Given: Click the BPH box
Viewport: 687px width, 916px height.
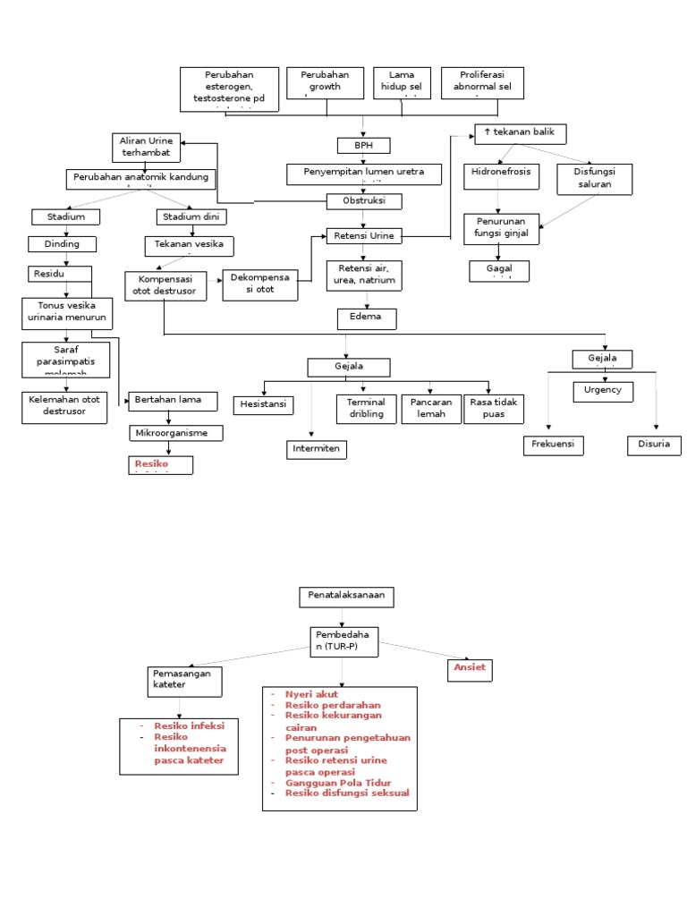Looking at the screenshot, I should [363, 145].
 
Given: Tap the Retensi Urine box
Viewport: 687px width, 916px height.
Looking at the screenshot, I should [363, 236].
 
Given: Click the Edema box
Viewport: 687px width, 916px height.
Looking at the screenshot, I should [365, 318].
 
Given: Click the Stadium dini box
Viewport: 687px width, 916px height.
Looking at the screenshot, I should [191, 216].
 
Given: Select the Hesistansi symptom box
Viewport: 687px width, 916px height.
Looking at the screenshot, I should [264, 405].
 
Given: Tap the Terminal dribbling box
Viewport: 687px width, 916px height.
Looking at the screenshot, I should [365, 408].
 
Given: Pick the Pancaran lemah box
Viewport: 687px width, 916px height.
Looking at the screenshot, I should [430, 408].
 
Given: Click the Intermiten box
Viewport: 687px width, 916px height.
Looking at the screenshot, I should [316, 449].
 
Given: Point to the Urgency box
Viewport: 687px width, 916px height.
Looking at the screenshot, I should [603, 391].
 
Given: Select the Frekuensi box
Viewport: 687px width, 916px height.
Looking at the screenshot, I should [553, 445].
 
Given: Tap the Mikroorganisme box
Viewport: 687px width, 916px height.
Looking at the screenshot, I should [174, 433].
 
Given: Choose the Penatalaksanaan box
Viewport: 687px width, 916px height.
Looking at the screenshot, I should [345, 597].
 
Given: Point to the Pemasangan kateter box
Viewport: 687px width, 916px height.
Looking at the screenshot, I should [182, 679].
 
